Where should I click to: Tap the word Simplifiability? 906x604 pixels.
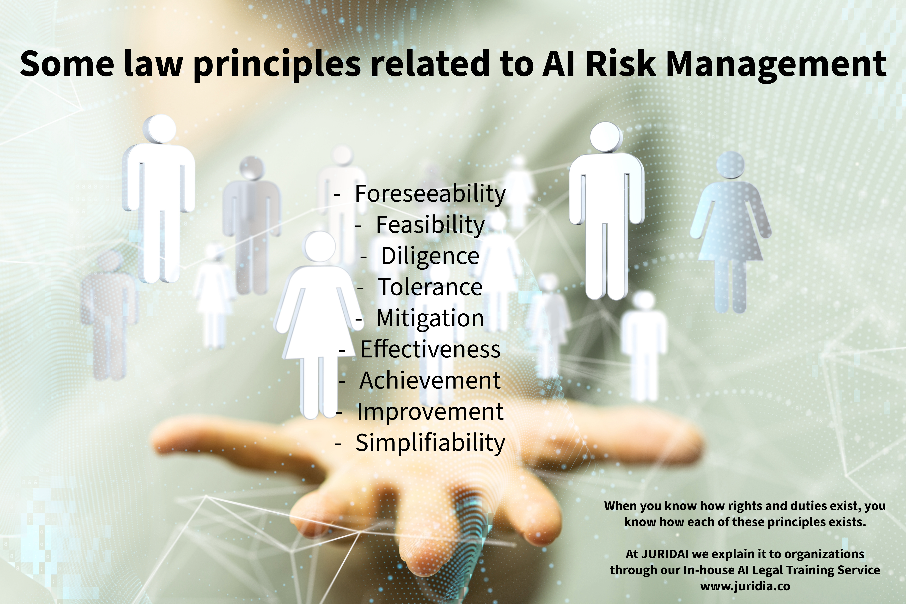click(430, 443)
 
